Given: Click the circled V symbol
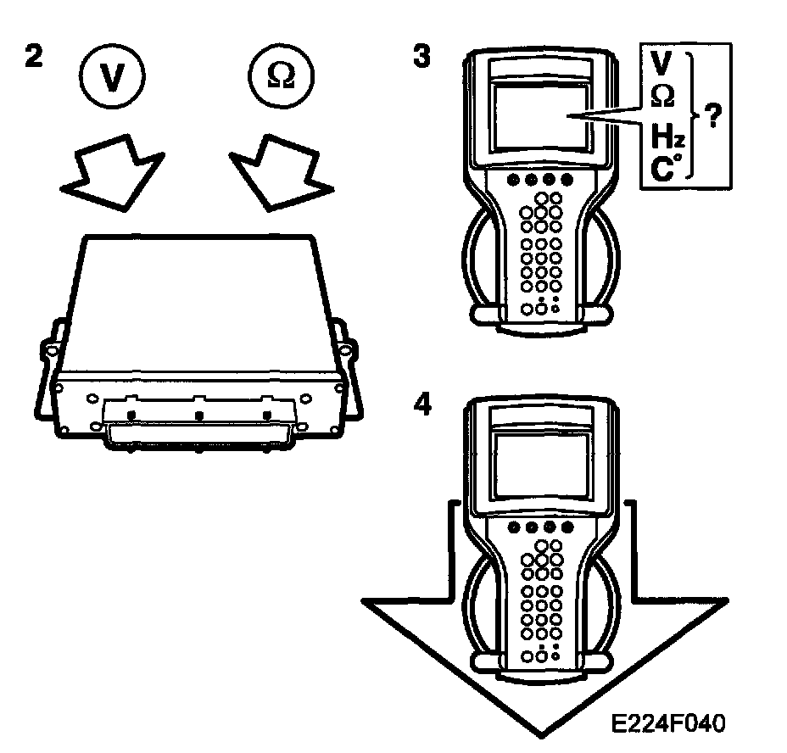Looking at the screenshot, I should click(114, 75).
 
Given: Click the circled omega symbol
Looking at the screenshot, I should click(281, 75).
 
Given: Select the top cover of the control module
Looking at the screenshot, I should click(199, 297).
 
